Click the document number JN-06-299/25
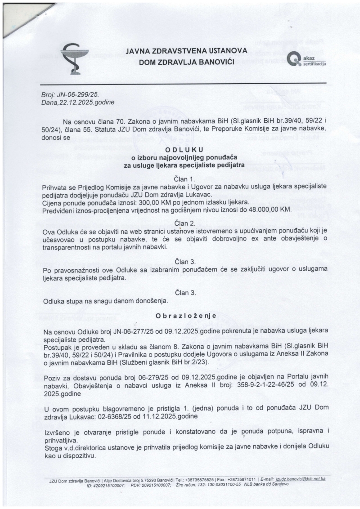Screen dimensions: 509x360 pos(73,95)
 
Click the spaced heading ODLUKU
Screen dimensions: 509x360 pos(184,150)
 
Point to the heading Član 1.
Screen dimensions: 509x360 pos(184,179)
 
